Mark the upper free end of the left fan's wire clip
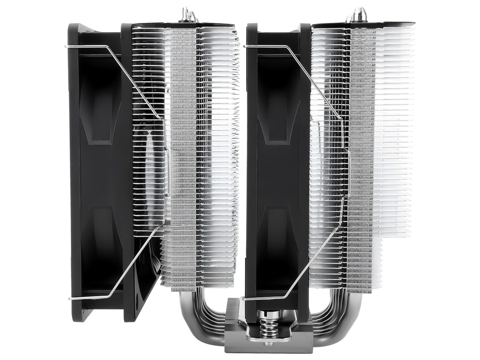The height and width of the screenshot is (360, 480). tap(66, 47)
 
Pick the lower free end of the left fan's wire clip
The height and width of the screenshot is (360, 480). tap(70, 298)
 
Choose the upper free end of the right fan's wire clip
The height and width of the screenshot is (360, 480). tap(245, 47)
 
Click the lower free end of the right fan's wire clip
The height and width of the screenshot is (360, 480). tap(245, 298)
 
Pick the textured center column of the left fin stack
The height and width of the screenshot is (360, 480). tap(183, 160)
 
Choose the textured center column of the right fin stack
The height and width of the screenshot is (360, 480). tap(361, 160)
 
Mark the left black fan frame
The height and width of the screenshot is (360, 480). tap(96, 172)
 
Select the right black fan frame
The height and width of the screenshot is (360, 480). tap(276, 172)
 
